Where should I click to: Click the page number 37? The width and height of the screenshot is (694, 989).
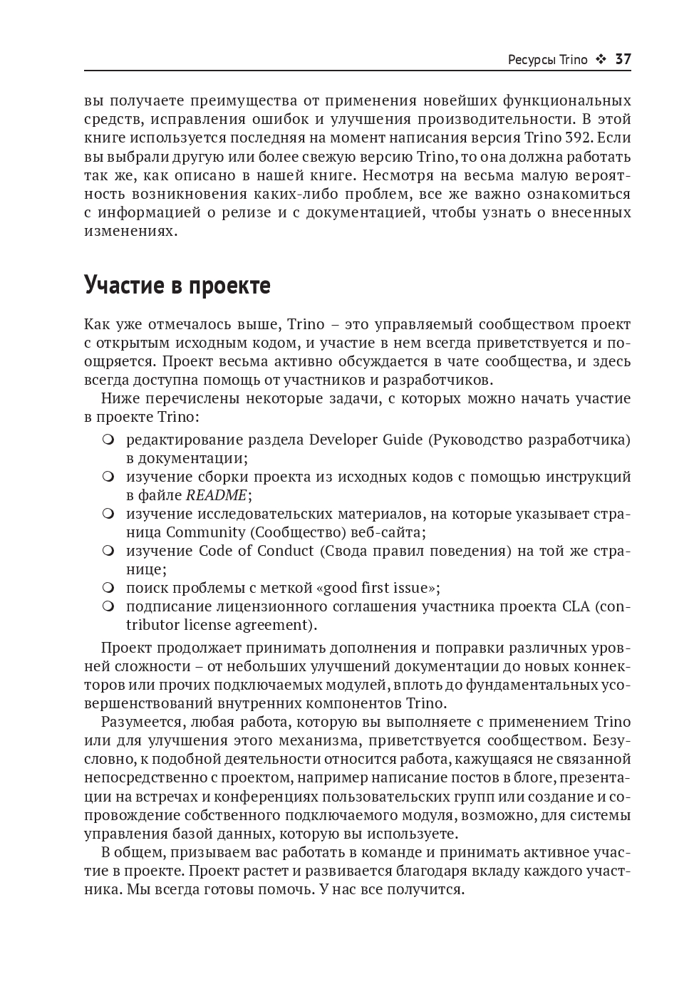point(623,59)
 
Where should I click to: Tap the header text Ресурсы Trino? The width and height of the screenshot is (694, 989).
point(547,60)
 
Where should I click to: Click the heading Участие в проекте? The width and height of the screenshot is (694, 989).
point(177,284)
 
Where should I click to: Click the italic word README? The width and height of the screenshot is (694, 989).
point(216,495)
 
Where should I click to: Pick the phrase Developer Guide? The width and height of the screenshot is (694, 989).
point(366,440)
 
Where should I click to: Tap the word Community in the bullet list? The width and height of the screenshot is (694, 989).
point(206,532)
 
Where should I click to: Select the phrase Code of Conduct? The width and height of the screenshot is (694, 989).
point(256,551)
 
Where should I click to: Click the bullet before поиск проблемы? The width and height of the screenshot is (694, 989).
point(108,589)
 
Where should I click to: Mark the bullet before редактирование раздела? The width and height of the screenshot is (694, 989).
point(108,440)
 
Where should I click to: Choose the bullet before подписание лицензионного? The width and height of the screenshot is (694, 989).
point(108,607)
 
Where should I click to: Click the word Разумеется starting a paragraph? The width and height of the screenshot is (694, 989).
point(141,722)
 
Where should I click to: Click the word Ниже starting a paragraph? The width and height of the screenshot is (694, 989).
point(120,398)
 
